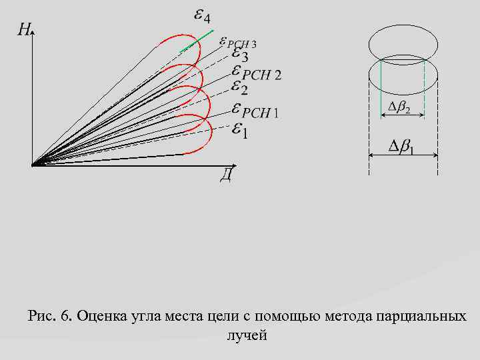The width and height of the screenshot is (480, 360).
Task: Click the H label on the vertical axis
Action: tap(23, 29)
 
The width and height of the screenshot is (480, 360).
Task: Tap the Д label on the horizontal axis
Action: tap(227, 175)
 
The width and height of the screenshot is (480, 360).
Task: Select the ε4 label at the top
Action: tap(201, 15)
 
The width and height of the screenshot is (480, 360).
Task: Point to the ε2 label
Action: tap(239, 87)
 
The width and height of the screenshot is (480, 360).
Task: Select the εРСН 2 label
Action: tap(256, 73)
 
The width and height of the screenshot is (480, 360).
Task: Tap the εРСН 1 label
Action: tap(255, 111)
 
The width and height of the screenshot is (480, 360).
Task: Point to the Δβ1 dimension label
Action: tap(402, 147)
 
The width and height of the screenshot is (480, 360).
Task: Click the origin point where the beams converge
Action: tap(33, 164)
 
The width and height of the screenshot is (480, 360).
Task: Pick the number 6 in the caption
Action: tap(65, 315)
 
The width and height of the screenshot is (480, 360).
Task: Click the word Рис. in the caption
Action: tap(41, 315)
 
